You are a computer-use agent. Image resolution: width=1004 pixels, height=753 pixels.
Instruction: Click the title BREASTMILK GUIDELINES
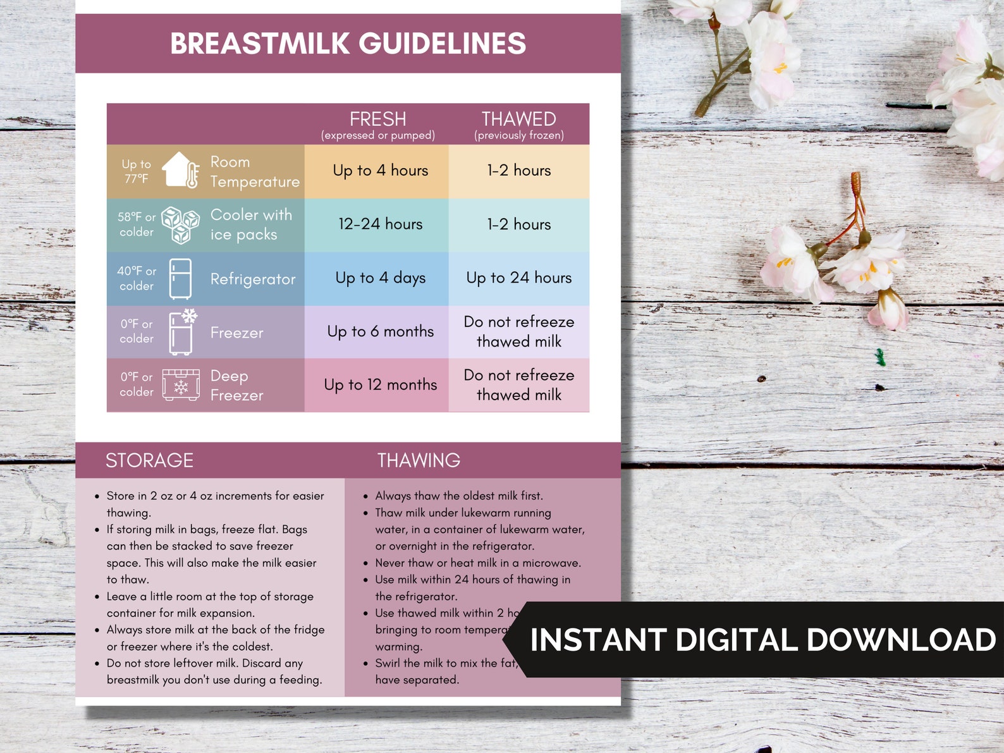pyautogui.click(x=348, y=44)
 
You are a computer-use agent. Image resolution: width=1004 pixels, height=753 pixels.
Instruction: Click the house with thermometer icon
pyautogui.click(x=181, y=170)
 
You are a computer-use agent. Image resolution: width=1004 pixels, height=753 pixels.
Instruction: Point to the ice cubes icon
pyautogui.click(x=181, y=224)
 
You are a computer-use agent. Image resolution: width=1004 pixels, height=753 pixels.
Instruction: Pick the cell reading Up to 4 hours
pyautogui.click(x=380, y=171)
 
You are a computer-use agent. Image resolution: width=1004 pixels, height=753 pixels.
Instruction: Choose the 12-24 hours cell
pyautogui.click(x=380, y=224)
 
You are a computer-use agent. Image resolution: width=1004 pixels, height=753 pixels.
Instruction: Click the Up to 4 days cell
pyautogui.click(x=380, y=278)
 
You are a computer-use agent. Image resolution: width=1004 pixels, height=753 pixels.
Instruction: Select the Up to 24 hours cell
pyautogui.click(x=519, y=278)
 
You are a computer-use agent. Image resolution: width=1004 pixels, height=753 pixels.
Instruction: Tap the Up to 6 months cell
pyautogui.click(x=380, y=332)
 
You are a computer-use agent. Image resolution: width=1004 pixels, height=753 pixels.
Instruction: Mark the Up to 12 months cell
pyautogui.click(x=380, y=385)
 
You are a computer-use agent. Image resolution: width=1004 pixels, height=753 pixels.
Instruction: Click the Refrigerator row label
pyautogui.click(x=253, y=279)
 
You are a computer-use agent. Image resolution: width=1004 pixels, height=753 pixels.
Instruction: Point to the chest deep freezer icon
pyautogui.click(x=181, y=385)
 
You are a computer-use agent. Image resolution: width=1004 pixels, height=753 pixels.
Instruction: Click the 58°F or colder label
pyautogui.click(x=137, y=224)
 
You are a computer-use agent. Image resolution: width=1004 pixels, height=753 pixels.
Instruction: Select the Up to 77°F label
pyautogui.click(x=137, y=171)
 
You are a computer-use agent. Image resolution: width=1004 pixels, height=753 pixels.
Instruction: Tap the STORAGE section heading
pyautogui.click(x=149, y=460)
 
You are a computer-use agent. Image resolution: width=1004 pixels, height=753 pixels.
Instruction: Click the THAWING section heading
pyautogui.click(x=419, y=460)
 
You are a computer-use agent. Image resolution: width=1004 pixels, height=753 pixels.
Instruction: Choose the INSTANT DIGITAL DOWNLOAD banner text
pyautogui.click(x=762, y=640)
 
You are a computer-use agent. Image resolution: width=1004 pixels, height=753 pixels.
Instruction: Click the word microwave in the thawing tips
pyautogui.click(x=551, y=563)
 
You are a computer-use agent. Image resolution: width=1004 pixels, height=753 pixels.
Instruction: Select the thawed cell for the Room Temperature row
pyautogui.click(x=519, y=171)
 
